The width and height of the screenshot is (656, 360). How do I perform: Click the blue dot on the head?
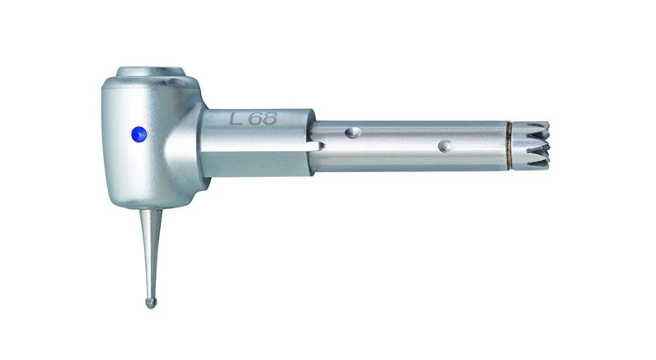[x=139, y=134]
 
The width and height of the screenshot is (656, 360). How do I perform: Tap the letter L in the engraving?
[x=235, y=118]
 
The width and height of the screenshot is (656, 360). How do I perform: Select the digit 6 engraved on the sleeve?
[x=255, y=118]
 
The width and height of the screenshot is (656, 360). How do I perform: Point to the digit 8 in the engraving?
[x=270, y=118]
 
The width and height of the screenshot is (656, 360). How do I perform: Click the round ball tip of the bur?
[x=151, y=303]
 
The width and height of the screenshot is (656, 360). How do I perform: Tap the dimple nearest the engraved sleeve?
[x=353, y=133]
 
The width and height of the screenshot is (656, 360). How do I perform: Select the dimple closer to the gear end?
[x=445, y=146]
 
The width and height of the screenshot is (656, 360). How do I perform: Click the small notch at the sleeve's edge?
[x=318, y=146]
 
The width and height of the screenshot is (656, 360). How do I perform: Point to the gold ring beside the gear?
[x=509, y=146]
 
